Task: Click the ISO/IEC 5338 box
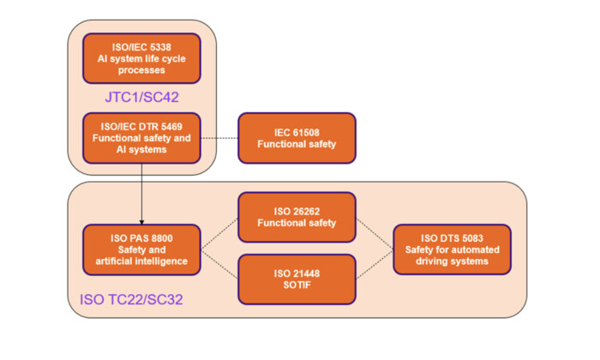[x=141, y=57]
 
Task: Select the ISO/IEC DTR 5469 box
[x=141, y=137]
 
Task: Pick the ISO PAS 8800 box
[x=141, y=249]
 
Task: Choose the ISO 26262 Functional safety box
[x=296, y=218]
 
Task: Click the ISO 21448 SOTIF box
[x=296, y=279]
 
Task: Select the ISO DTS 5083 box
[x=452, y=249]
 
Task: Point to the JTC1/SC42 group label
[x=142, y=96]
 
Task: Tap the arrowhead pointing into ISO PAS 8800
[x=141, y=221]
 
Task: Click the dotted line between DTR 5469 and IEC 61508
[x=219, y=137]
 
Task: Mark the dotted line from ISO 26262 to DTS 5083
[x=374, y=233]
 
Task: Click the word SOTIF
[x=296, y=285]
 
